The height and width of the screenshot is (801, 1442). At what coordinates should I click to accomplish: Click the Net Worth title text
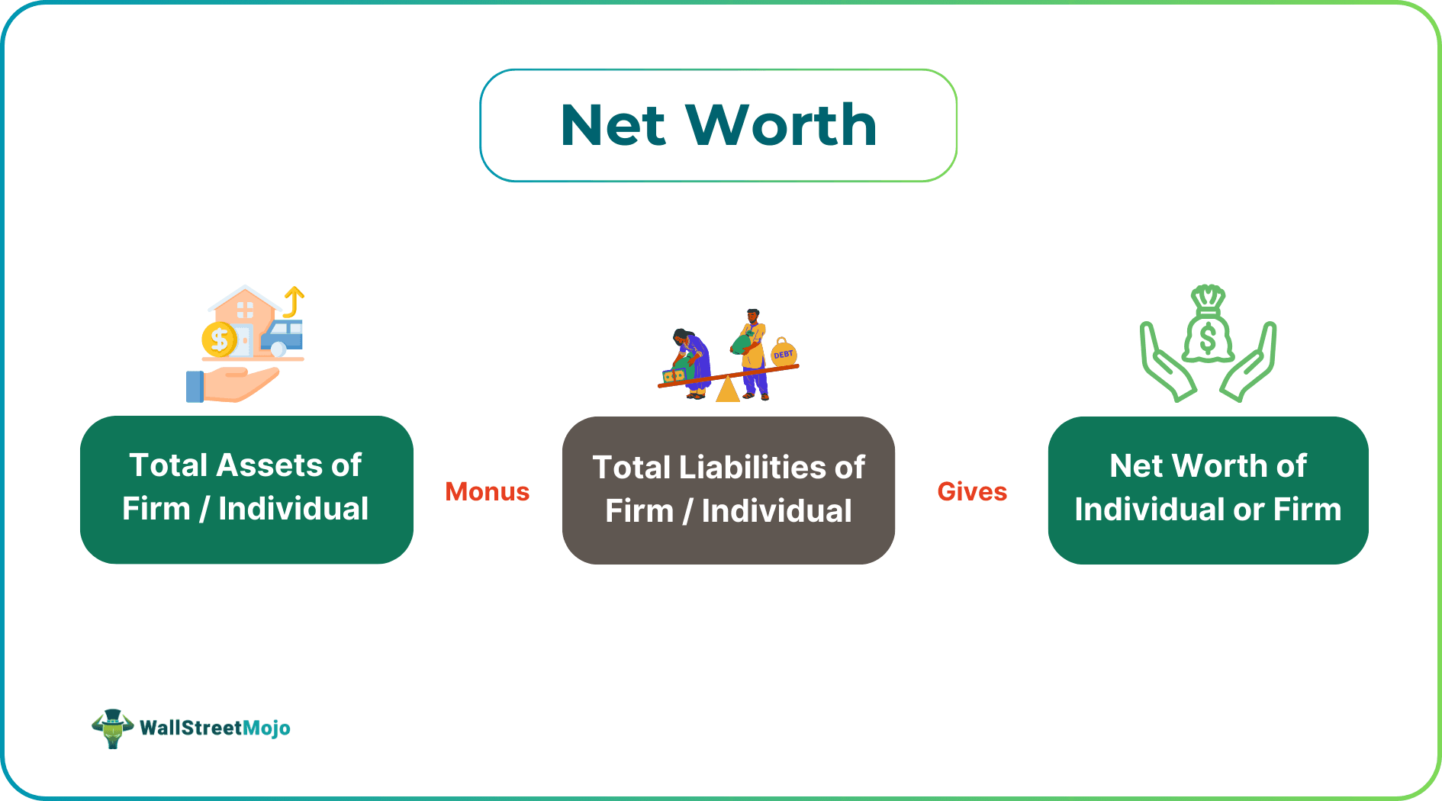pyautogui.click(x=718, y=125)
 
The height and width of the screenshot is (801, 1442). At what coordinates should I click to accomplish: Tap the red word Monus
pyautogui.click(x=487, y=491)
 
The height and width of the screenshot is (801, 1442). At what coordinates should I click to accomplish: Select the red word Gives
pyautogui.click(x=971, y=491)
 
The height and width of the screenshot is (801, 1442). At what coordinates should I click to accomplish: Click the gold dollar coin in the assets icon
pyautogui.click(x=219, y=339)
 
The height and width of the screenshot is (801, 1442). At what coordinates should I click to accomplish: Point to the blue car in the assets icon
pyautogui.click(x=283, y=336)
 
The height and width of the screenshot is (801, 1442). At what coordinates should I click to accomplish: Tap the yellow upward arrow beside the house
pyautogui.click(x=294, y=301)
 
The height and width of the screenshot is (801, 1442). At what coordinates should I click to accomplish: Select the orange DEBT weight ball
pyautogui.click(x=784, y=354)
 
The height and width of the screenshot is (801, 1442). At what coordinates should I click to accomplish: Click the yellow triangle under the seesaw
pyautogui.click(x=727, y=390)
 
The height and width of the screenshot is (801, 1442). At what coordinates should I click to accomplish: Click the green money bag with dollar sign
pyautogui.click(x=1207, y=328)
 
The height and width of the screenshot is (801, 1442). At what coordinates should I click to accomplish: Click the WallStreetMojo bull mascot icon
pyautogui.click(x=112, y=728)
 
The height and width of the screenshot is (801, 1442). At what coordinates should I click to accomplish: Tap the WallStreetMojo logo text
pyautogui.click(x=214, y=728)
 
